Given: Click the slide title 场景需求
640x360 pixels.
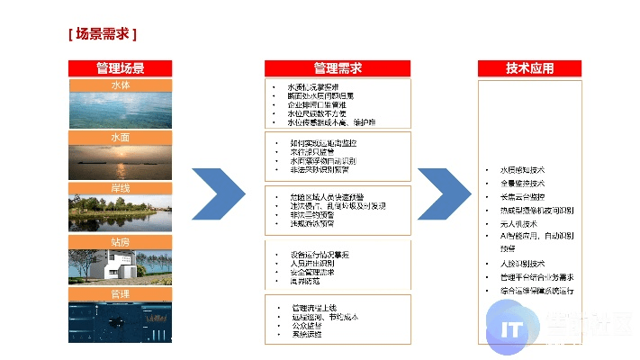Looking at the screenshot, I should coord(103,35).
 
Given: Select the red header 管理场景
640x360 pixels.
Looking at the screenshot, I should coord(120,68).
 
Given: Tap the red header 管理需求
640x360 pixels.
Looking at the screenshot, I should coord(337,68).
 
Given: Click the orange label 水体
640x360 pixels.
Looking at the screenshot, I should coord(120,85).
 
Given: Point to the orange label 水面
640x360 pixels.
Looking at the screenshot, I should coord(120,137).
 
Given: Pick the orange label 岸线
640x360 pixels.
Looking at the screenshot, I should coord(120,189).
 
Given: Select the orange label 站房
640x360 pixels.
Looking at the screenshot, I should coord(120,241).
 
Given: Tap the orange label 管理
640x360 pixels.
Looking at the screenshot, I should coord(120,294).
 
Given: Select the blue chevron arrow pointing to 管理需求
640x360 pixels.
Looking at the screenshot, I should coord(220,192).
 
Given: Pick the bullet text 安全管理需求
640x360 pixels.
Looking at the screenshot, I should coord(311,272).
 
